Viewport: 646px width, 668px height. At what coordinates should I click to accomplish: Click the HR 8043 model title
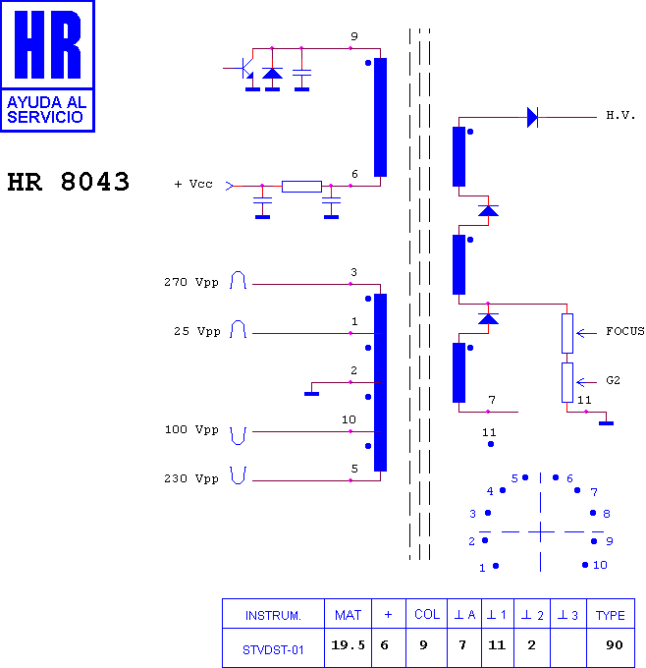pos(68,182)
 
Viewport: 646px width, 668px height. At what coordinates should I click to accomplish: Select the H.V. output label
pos(620,115)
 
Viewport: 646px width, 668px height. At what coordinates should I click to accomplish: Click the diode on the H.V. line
pos(532,117)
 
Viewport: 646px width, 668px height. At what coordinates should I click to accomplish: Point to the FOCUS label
pos(624,331)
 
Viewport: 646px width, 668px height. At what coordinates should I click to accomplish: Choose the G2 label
pos(613,380)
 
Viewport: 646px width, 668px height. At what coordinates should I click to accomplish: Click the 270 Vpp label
pos(191,283)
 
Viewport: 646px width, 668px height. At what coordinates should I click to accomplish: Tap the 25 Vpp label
pos(196,331)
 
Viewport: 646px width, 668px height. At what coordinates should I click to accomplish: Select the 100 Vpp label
pos(191,429)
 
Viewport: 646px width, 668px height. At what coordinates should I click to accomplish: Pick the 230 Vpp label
pos(191,478)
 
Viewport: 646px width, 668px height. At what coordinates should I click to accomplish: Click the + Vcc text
pos(192,184)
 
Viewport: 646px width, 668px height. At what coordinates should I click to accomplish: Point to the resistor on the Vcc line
pos(301,187)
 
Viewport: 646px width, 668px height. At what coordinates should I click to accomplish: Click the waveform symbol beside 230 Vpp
pos(238,475)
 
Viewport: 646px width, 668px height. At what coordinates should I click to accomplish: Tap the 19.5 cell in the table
pos(348,645)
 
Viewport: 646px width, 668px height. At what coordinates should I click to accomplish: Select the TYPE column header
pos(610,615)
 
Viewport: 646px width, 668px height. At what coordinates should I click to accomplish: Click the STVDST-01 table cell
pos(273,650)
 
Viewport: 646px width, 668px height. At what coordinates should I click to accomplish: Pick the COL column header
pos(427,614)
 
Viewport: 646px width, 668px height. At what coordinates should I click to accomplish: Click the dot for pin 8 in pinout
pos(593,513)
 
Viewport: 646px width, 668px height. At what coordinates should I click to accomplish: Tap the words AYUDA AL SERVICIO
pos(47,109)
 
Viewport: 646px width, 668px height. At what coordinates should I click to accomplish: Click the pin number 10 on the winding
pos(349,419)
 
